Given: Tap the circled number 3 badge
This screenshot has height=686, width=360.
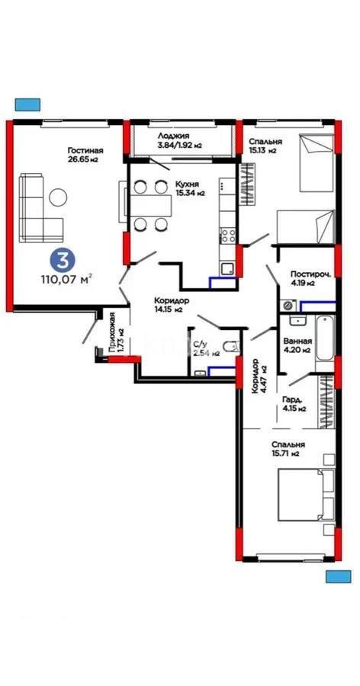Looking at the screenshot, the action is click(63, 260).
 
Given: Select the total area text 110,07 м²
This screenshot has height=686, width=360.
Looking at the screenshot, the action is click(66, 279).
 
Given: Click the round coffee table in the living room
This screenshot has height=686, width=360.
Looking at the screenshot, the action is click(58, 197).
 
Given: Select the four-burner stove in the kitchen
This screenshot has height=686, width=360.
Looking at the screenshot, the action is click(228, 236).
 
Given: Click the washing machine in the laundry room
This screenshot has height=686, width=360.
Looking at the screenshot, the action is click(288, 304).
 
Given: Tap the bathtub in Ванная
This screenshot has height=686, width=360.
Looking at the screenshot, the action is click(325, 338).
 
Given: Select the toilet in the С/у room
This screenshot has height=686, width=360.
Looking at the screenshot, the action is click(231, 348).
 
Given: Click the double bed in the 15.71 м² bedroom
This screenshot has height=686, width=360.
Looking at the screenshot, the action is click(306, 495).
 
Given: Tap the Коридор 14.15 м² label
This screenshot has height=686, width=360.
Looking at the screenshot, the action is click(168, 305).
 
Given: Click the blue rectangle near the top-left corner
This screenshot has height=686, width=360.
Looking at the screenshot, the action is click(27, 104).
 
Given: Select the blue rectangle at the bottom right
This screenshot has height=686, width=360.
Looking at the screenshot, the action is click(338, 576).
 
